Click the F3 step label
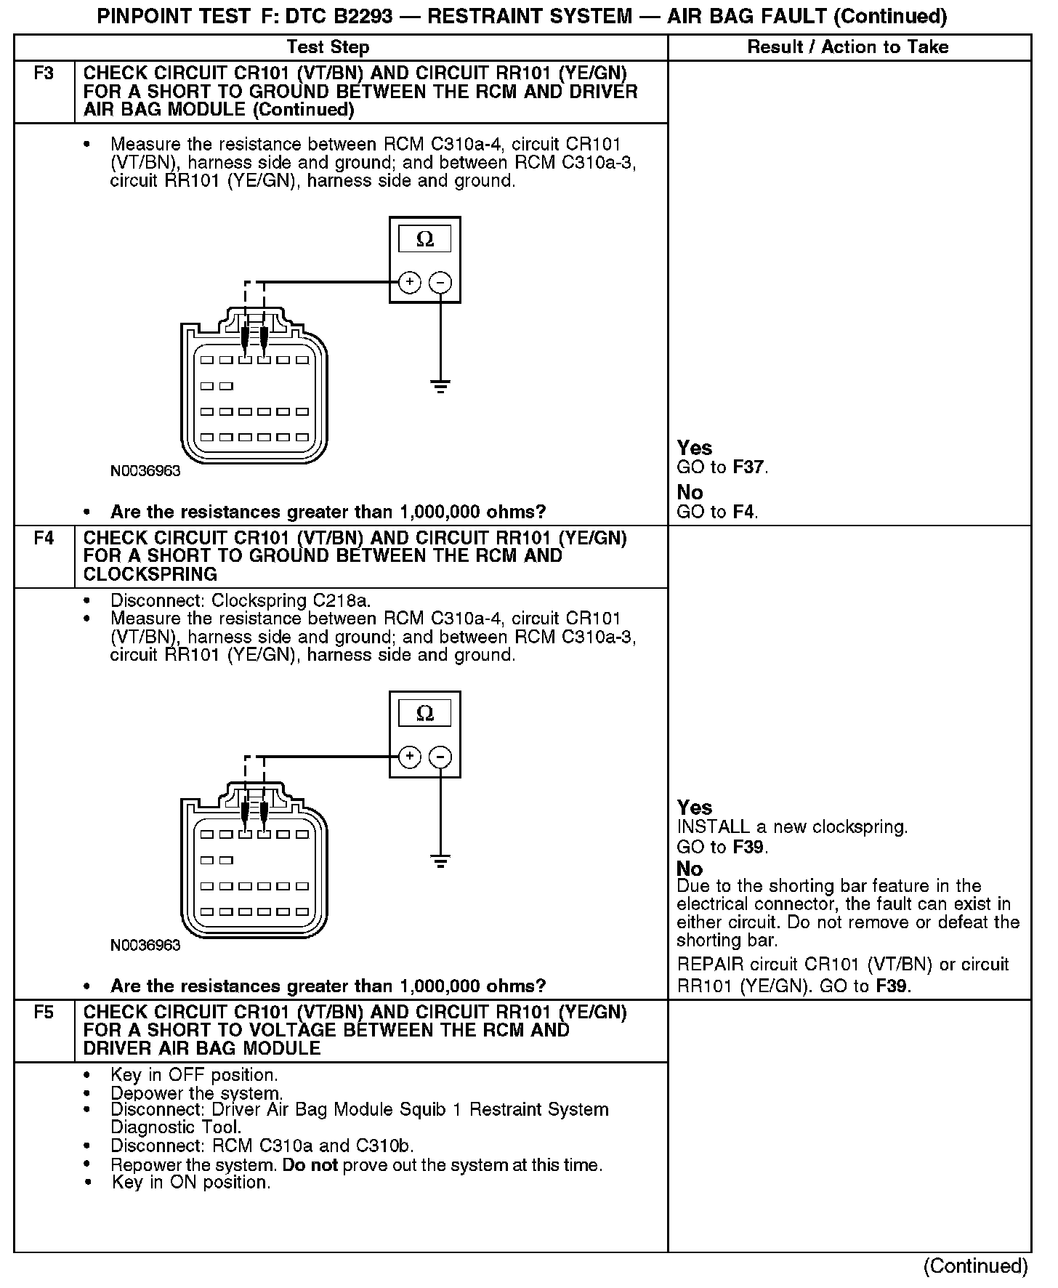[x=44, y=73]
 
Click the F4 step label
[x=44, y=539]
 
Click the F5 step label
[x=44, y=1013]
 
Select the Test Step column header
[x=328, y=47]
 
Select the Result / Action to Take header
[x=848, y=47]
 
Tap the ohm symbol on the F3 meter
[x=425, y=239]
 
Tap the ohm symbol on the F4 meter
[x=425, y=714]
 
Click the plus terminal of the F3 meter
[x=410, y=282]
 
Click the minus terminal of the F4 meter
[x=440, y=757]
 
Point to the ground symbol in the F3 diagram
[x=440, y=385]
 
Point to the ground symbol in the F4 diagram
[x=440, y=861]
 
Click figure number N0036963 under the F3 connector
[x=145, y=471]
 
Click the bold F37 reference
[x=749, y=467]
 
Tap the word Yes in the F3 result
[x=694, y=448]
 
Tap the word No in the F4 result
[x=690, y=869]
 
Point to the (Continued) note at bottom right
[x=975, y=1266]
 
